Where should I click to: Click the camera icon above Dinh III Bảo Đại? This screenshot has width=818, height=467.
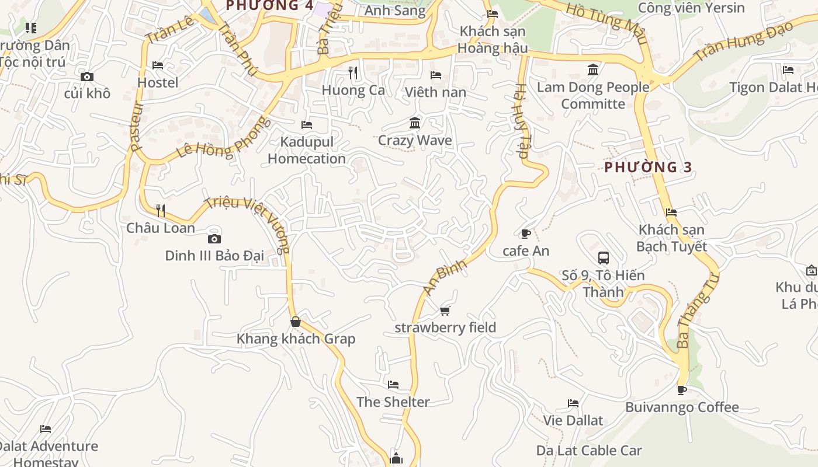(214, 239)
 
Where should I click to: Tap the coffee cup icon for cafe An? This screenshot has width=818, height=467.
(525, 234)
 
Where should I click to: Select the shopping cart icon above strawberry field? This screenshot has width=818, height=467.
(445, 311)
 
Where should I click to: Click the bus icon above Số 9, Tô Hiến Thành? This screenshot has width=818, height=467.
(604, 258)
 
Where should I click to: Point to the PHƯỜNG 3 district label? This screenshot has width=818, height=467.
(648, 168)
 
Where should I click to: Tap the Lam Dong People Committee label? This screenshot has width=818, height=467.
(593, 96)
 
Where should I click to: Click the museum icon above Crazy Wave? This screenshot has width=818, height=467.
(415, 123)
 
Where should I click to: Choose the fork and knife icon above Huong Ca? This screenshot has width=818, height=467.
(353, 72)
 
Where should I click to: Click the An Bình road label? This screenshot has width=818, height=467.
(445, 277)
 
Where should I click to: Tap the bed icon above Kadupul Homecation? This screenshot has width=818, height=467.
(307, 125)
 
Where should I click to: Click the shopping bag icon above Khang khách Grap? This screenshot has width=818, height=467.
(296, 322)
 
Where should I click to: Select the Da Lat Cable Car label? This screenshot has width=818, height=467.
(589, 451)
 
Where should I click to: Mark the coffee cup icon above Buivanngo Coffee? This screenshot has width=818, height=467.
(682, 390)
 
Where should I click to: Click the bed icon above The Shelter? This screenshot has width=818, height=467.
(393, 385)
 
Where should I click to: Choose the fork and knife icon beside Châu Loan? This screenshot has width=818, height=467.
(161, 210)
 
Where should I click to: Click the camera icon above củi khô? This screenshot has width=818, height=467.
(87, 76)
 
